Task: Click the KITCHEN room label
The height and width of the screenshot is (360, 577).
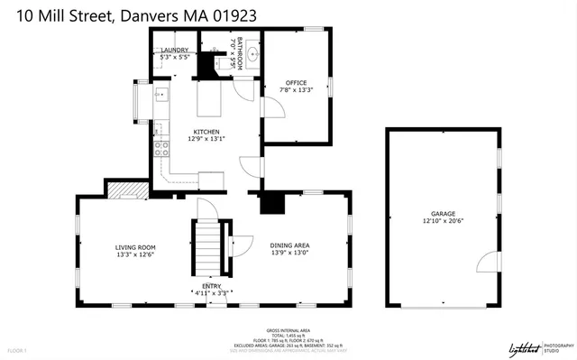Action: pyautogui.click(x=205, y=132)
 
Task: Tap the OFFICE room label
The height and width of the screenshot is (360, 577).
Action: pyautogui.click(x=297, y=82)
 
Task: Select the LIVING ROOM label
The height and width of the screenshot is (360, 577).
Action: pyautogui.click(x=135, y=246)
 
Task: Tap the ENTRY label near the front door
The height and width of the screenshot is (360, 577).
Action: pyautogui.click(x=211, y=286)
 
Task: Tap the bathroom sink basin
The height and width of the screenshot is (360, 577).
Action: pyautogui.click(x=254, y=54)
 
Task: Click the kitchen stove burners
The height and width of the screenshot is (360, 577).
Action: pyautogui.click(x=161, y=148)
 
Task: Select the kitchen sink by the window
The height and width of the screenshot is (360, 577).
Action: pyautogui.click(x=161, y=95)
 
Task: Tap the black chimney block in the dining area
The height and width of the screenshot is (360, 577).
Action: pyautogui.click(x=271, y=203)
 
